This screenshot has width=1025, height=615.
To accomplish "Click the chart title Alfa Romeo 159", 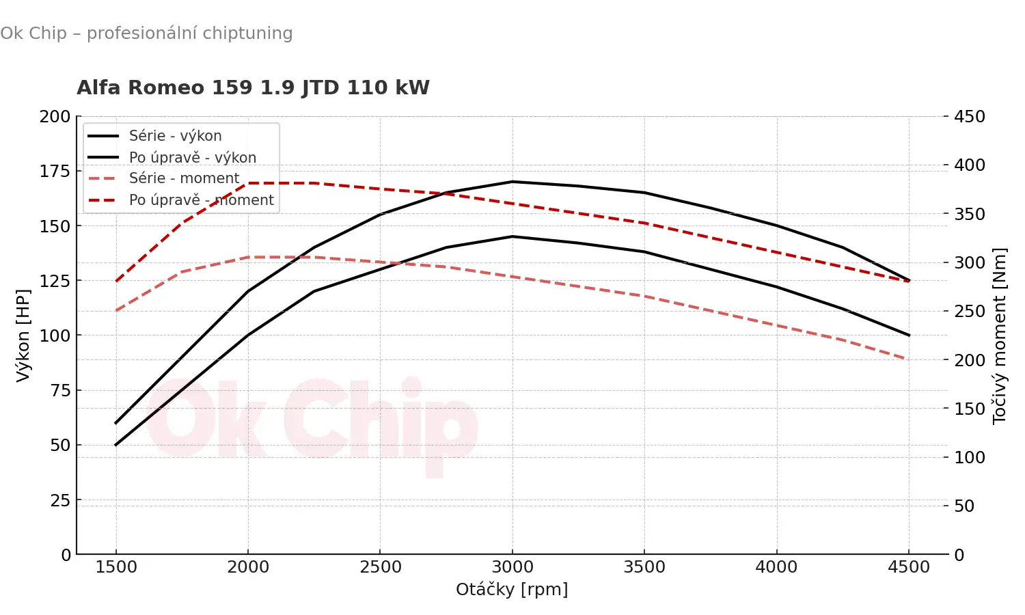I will [x=253, y=88].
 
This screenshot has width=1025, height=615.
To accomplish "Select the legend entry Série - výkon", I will [x=175, y=136].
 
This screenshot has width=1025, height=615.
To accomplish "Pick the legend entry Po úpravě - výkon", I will [x=192, y=158].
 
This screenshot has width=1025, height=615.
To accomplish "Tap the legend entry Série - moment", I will [x=184, y=178].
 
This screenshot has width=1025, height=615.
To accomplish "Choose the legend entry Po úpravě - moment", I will [x=201, y=200].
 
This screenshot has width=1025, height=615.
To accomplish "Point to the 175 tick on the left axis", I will [x=55, y=171].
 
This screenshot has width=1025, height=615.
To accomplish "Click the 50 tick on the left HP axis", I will [x=60, y=445].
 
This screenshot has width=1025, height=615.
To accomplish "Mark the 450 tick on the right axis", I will [x=970, y=117].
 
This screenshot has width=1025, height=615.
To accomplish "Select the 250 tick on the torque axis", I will [x=970, y=312].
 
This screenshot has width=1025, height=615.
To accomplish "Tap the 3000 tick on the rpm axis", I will [x=512, y=567].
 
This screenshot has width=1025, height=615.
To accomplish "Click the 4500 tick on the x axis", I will [x=909, y=567].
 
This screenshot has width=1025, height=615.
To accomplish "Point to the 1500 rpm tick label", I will [x=116, y=567].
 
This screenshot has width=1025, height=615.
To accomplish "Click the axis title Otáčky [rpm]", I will [x=512, y=590].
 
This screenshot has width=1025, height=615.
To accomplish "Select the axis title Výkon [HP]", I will [x=23, y=335].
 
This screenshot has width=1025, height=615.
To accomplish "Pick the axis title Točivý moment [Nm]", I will [x=1000, y=336].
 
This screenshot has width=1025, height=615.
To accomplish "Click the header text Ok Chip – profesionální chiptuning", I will [x=146, y=33].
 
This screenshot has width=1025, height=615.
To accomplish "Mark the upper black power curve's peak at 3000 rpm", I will [x=512, y=182].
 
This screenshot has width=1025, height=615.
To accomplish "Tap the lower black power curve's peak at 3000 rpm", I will [x=512, y=236].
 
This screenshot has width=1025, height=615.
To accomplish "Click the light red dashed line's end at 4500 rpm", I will [x=907, y=359].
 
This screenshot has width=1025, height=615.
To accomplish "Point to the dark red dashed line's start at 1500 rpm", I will [x=116, y=281].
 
